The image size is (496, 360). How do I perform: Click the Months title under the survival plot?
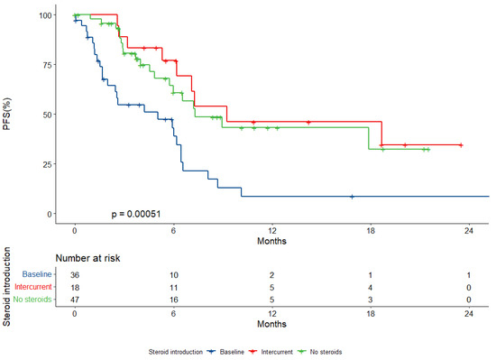point(271,241)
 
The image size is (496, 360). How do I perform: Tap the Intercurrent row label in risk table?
point(31,286)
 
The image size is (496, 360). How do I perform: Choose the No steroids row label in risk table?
point(32,298)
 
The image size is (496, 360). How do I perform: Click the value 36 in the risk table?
point(75,274)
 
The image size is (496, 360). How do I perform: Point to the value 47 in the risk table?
point(75,298)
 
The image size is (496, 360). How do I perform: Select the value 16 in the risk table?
point(172,298)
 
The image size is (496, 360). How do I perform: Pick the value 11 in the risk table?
point(172,286)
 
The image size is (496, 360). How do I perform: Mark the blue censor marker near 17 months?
point(352,196)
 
